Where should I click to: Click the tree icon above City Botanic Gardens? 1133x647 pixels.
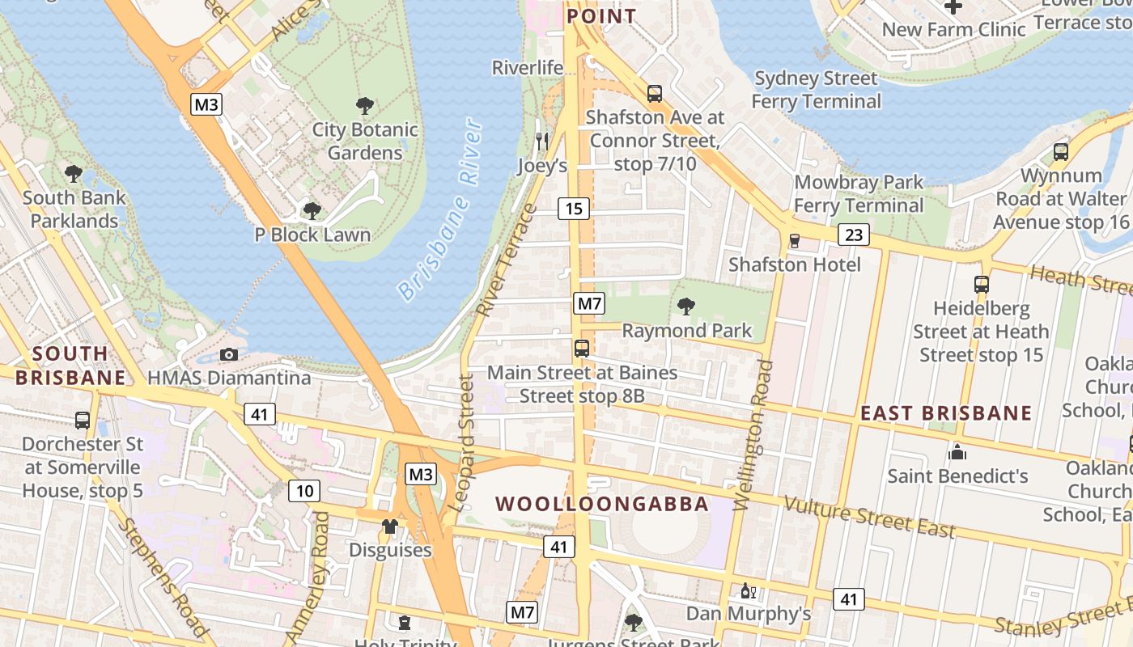pyautogui.click(x=365, y=105)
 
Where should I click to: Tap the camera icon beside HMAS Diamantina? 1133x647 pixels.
pyautogui.click(x=229, y=354)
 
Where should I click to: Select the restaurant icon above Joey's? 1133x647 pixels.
pyautogui.click(x=542, y=141)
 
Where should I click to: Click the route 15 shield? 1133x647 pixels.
pyautogui.click(x=574, y=209)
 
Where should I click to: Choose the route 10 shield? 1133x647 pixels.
pyautogui.click(x=303, y=490)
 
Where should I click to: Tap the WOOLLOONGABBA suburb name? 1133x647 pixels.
pyautogui.click(x=602, y=504)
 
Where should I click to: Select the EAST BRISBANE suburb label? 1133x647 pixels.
pyautogui.click(x=945, y=413)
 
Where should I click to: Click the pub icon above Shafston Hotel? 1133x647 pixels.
pyautogui.click(x=794, y=241)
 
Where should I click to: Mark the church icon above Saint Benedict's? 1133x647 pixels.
pyautogui.click(x=957, y=451)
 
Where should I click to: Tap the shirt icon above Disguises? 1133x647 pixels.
pyautogui.click(x=390, y=526)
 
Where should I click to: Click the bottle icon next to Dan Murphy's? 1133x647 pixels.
pyautogui.click(x=747, y=591)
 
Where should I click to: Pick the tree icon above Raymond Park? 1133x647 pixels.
pyautogui.click(x=686, y=307)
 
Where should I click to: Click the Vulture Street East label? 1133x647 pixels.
pyautogui.click(x=870, y=517)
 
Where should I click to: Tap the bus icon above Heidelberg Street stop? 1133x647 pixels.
pyautogui.click(x=982, y=285)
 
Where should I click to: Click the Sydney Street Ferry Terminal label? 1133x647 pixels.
pyautogui.click(x=816, y=90)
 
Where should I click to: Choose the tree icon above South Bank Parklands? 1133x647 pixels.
pyautogui.click(x=74, y=173)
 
